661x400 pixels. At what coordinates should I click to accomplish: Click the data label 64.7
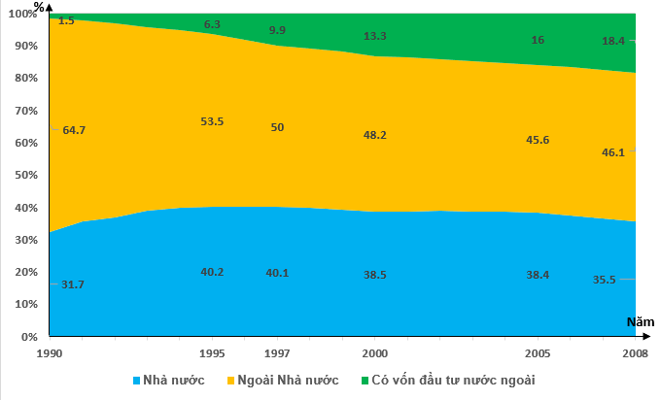pyautogui.click(x=74, y=129)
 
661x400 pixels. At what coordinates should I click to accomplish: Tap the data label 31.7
pyautogui.click(x=72, y=284)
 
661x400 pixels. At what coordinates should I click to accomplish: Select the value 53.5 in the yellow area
pyautogui.click(x=213, y=121)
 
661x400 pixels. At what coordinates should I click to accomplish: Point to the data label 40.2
pyautogui.click(x=213, y=272)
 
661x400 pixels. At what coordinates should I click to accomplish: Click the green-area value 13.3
pyautogui.click(x=374, y=36)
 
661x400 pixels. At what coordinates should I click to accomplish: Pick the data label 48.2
pyautogui.click(x=374, y=135)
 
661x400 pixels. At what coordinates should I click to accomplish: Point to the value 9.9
pyautogui.click(x=277, y=30)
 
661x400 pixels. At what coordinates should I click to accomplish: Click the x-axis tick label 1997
pyautogui.click(x=277, y=352)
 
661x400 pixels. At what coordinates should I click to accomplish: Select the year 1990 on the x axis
pyautogui.click(x=50, y=352)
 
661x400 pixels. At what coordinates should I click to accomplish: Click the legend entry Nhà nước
pyautogui.click(x=167, y=380)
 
